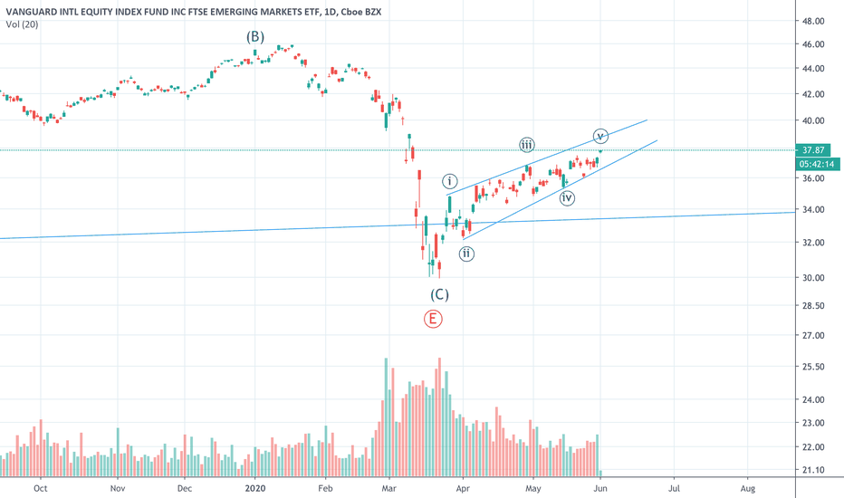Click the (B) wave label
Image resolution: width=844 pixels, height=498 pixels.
click(255, 37)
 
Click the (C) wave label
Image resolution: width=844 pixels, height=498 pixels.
click(439, 294)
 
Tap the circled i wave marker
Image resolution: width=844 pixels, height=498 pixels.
click(450, 181)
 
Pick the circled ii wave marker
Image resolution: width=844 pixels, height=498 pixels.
click(465, 254)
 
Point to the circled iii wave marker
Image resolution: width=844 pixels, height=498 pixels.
click(526, 145)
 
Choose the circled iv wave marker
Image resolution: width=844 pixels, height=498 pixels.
click(567, 197)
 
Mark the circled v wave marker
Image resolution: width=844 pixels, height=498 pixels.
click(599, 136)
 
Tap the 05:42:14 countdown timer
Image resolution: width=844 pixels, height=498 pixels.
click(816, 165)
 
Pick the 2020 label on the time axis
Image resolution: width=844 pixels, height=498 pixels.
click(255, 487)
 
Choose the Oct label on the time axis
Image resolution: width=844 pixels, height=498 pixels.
click(40, 487)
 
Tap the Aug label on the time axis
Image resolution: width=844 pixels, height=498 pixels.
click(748, 487)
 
